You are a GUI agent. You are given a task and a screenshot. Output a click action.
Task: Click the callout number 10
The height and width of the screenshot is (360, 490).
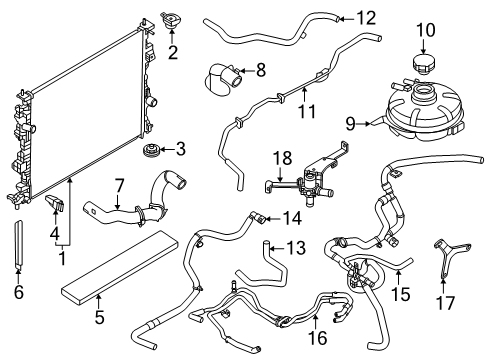[x=425, y=31]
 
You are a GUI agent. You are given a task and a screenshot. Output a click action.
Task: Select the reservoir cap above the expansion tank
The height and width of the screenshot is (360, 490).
[x=424, y=66]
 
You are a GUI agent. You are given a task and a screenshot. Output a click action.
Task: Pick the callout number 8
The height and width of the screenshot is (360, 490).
[x=261, y=70]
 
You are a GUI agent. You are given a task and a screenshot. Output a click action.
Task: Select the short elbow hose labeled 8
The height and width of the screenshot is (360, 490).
[x=222, y=75]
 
